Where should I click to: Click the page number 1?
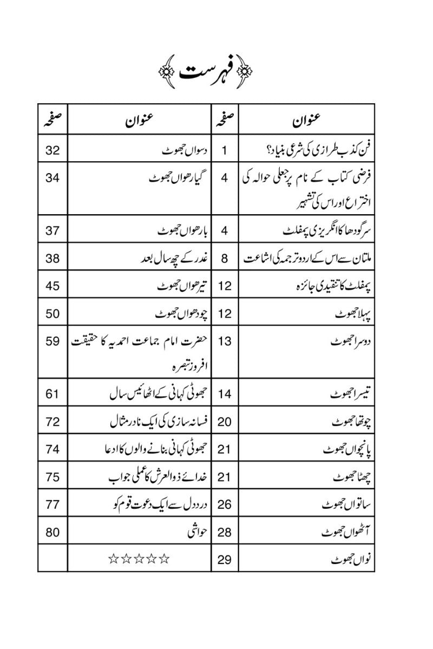(x=225, y=150)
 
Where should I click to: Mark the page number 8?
(x=225, y=258)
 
